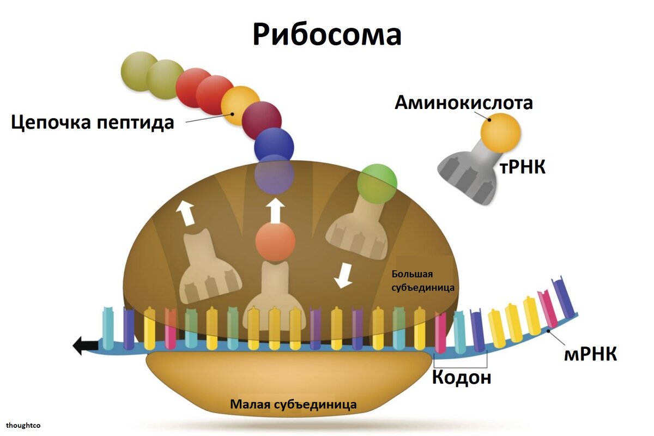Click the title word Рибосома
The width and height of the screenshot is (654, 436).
pos(326,34)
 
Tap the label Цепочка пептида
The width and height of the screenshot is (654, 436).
pos(93,122)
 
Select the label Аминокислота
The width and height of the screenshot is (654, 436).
pos(463,102)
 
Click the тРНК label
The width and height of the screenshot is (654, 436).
pos(522,167)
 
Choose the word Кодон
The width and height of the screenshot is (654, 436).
pos(461,378)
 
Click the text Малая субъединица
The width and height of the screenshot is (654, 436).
pos(293,404)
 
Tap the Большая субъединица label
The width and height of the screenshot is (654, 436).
pos(422,280)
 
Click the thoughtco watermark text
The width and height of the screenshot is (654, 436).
pos(24,425)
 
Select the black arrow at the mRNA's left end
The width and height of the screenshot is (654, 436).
pos(84,345)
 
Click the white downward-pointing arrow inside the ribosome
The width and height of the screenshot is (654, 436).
pos(343,276)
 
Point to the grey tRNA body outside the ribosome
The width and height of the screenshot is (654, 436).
pos(469,173)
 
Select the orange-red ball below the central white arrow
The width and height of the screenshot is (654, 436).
pos(275,241)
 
